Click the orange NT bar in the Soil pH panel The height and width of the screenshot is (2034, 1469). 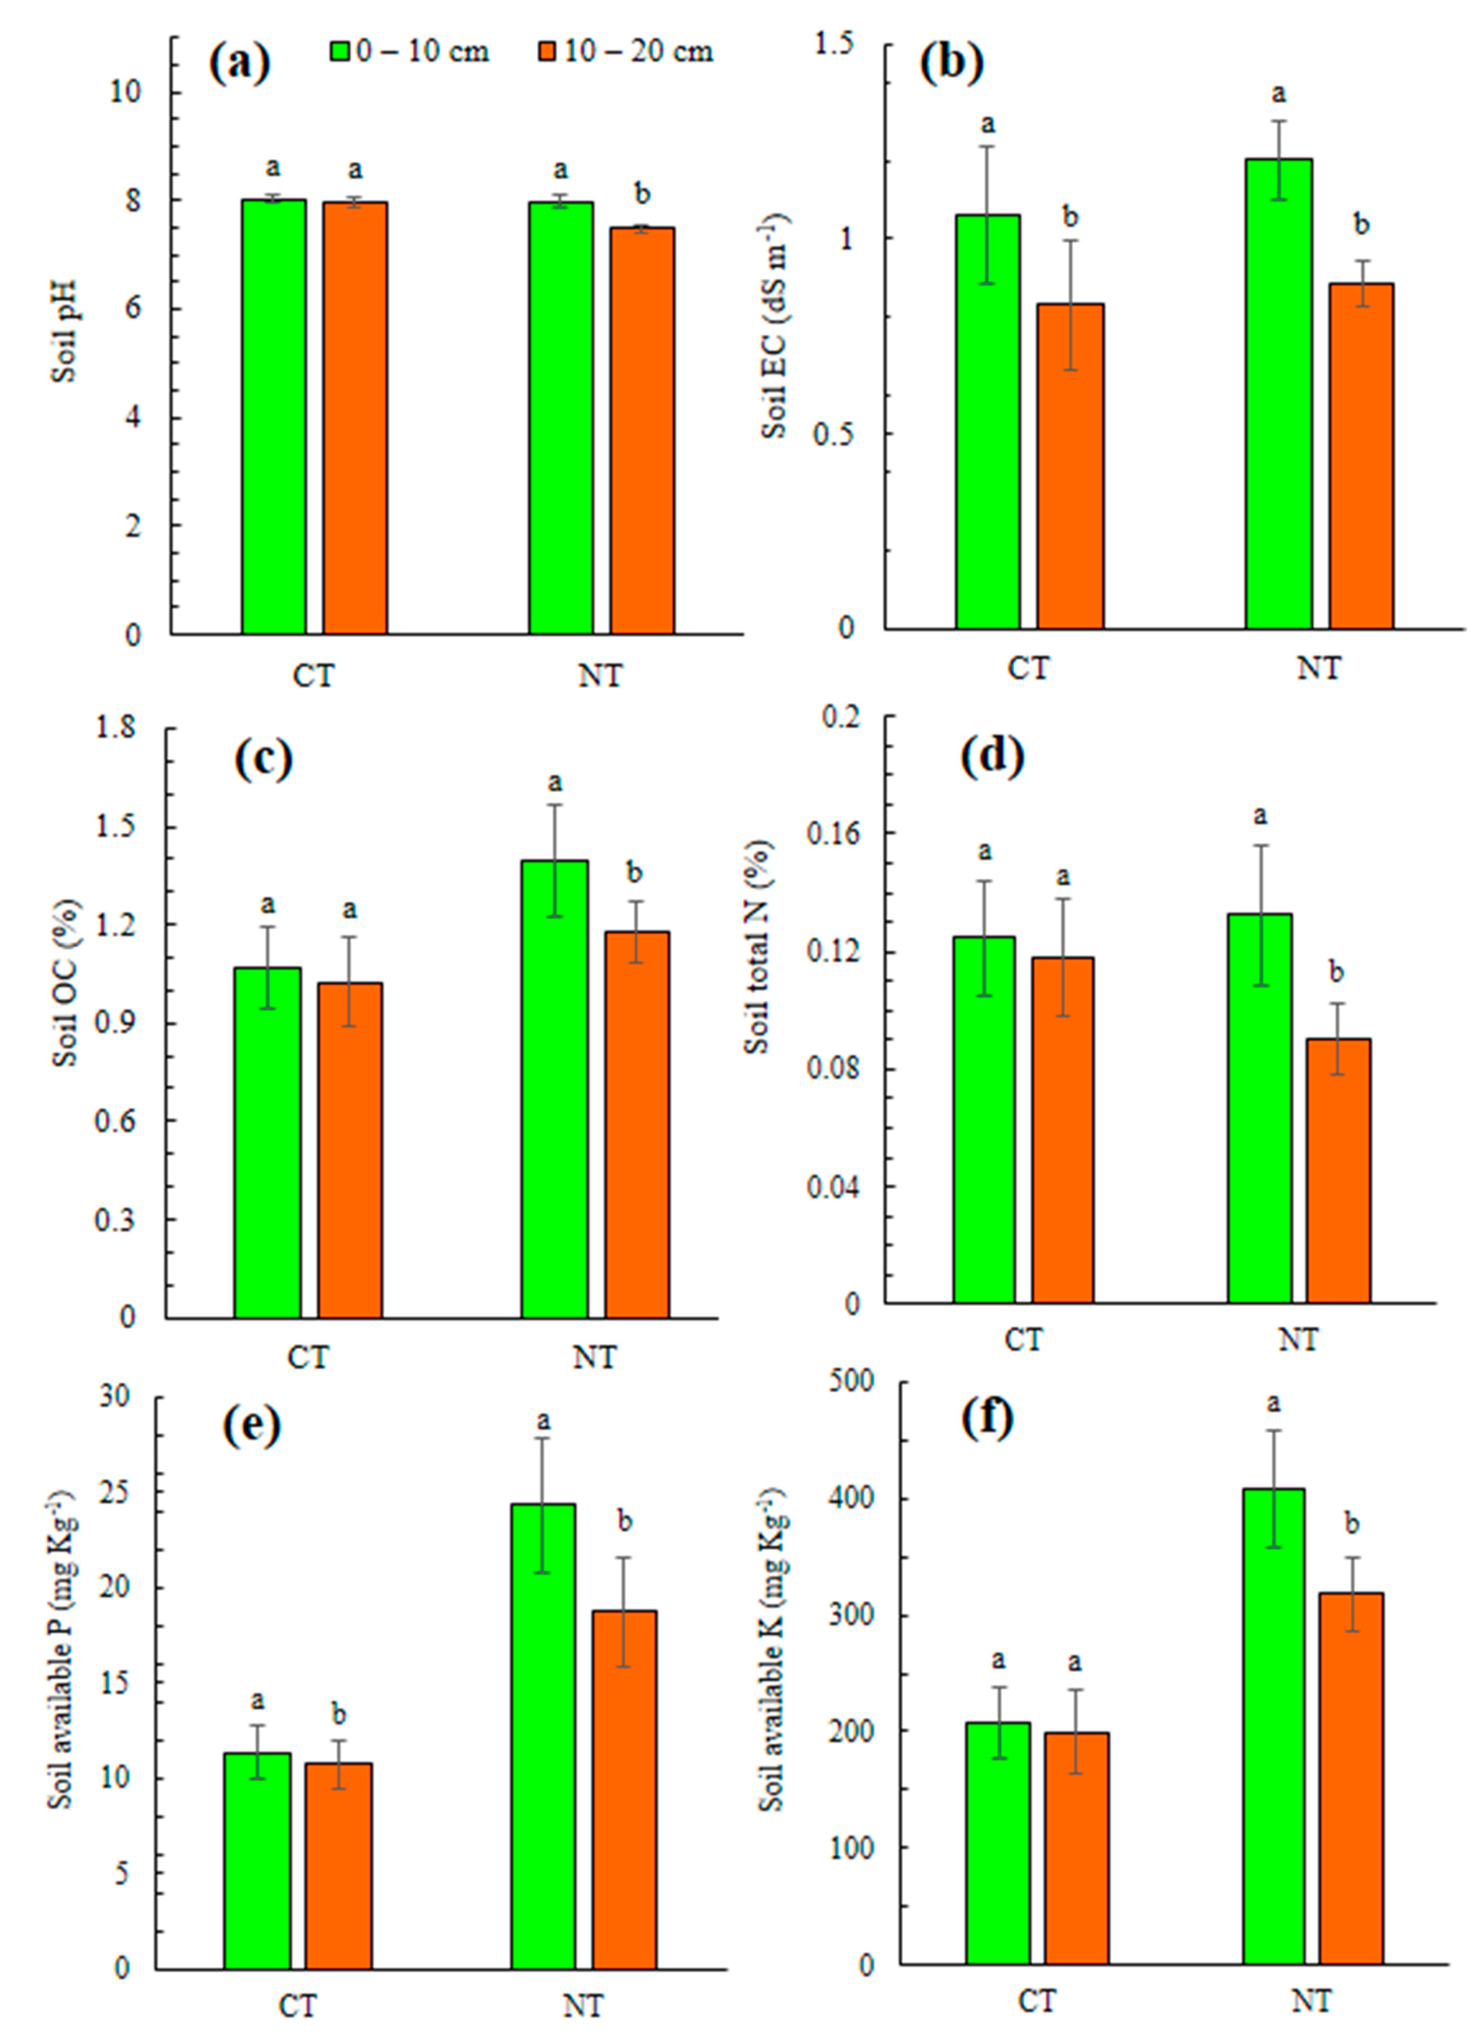click(642, 430)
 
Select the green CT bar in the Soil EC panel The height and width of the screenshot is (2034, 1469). click(988, 422)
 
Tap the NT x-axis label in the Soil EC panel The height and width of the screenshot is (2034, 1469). click(1318, 668)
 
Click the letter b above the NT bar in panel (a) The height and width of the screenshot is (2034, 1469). click(642, 194)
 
